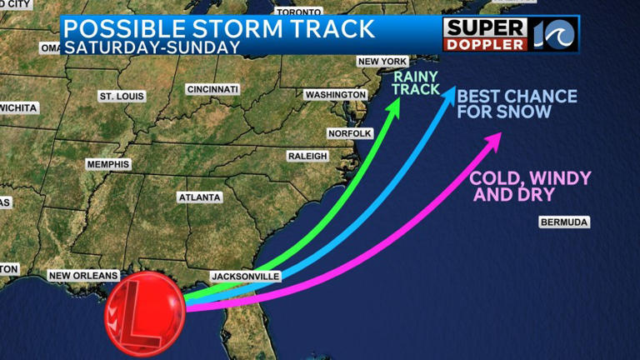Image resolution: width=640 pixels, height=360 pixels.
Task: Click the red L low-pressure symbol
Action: click(x=144, y=313)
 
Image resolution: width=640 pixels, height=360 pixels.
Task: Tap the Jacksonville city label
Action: click(x=245, y=276)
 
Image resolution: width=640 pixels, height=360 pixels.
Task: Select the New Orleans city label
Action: click(x=83, y=276)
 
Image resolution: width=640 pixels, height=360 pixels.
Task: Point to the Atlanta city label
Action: click(x=199, y=197)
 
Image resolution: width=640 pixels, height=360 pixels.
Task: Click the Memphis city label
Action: click(x=108, y=164)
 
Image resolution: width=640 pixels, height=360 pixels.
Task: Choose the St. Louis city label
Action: click(x=122, y=97)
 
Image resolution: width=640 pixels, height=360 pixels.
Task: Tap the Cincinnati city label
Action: click(x=212, y=89)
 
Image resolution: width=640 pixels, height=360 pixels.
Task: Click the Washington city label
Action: click(x=336, y=95)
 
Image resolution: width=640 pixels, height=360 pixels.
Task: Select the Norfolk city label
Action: click(x=349, y=133)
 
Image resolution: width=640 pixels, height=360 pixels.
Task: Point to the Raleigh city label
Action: click(x=307, y=156)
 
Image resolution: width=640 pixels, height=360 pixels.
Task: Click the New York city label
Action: click(x=381, y=62)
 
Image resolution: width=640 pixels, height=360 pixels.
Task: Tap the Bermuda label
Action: click(x=564, y=222)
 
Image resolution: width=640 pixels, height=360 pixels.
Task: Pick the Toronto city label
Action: click(x=298, y=12)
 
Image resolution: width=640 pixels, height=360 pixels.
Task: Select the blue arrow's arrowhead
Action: click(x=448, y=92)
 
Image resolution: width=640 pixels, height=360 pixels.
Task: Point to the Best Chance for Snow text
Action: click(x=516, y=104)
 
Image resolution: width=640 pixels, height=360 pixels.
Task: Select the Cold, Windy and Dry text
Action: click(x=530, y=186)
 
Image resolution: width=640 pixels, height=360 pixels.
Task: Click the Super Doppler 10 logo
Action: click(x=510, y=33)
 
